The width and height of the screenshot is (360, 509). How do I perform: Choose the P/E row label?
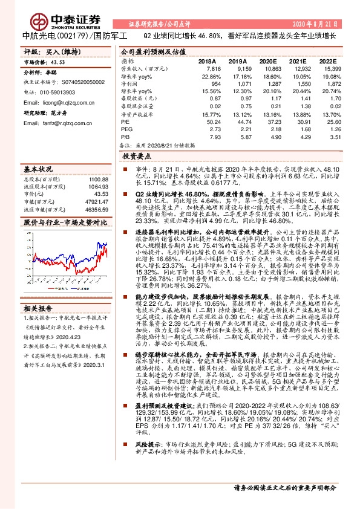(125, 122)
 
